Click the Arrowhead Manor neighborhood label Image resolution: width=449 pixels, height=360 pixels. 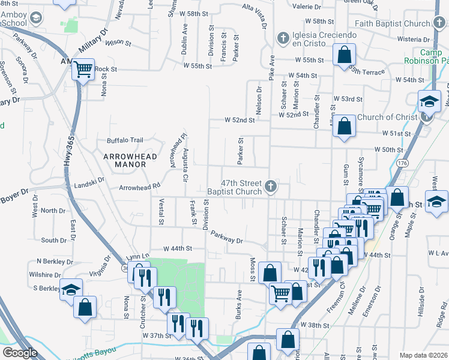130,160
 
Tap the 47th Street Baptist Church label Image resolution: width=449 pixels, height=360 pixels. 242,187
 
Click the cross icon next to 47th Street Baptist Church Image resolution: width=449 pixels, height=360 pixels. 271,187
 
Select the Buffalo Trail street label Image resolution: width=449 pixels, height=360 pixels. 125,140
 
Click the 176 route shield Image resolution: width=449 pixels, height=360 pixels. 402,163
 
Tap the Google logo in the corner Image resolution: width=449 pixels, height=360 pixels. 20,353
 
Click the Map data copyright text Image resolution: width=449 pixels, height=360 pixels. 424,355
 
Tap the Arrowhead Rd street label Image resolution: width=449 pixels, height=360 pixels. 140,188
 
